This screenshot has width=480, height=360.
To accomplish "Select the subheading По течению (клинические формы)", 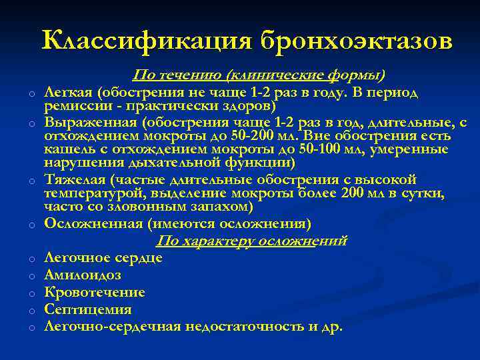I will click(259, 74).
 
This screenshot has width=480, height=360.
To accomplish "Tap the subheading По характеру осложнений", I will click(251, 241).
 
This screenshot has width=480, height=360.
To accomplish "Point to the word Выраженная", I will click(88, 123).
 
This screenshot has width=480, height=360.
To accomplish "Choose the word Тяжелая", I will click(75, 179).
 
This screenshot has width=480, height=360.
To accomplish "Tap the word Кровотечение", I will click(95, 292).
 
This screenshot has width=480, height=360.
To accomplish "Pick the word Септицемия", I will click(88, 309).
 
